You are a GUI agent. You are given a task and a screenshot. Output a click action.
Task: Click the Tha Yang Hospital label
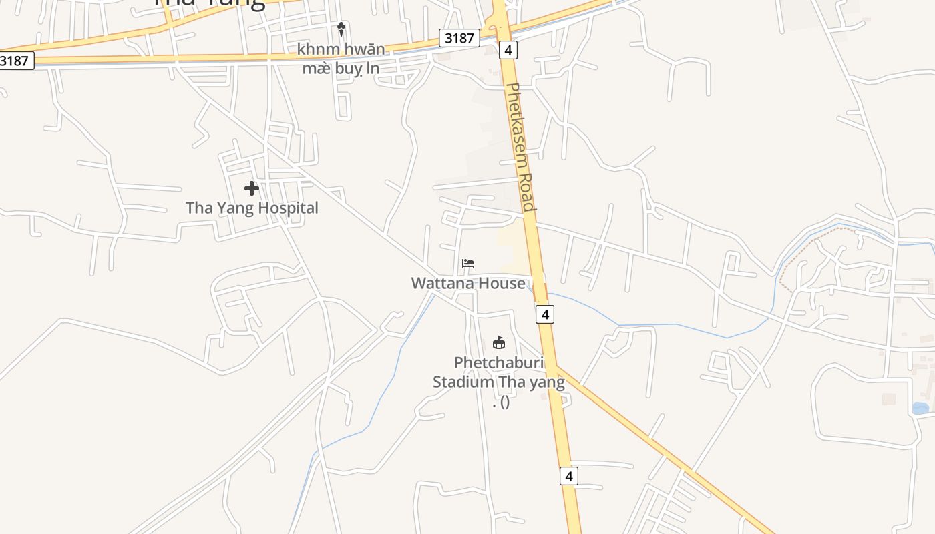click(252, 208)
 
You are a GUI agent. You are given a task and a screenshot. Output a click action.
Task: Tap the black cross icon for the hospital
click(251, 188)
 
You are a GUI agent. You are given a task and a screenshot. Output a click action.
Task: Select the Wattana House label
click(467, 283)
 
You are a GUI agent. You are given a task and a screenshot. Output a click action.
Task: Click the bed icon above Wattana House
click(468, 264)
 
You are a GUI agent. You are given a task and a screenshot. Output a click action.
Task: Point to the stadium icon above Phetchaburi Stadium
click(498, 343)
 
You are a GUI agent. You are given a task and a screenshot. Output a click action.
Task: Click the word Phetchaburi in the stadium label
click(499, 363)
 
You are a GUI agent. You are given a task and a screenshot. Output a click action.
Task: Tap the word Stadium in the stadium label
click(465, 382)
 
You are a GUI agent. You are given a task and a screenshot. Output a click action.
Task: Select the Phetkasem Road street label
click(521, 147)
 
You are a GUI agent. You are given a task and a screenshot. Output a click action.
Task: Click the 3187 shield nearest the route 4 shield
click(459, 38)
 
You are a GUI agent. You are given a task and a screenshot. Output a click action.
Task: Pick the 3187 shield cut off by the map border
click(15, 61)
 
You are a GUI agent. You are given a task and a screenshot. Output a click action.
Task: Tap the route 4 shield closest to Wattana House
click(545, 314)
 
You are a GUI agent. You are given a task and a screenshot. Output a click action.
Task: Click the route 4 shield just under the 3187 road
click(508, 50)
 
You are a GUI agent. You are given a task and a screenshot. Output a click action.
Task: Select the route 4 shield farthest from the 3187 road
click(568, 476)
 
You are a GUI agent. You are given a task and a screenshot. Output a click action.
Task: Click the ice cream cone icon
click(341, 29)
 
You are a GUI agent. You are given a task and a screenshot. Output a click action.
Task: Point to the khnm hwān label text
click(341, 49)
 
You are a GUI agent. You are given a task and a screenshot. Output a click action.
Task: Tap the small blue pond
click(920, 408)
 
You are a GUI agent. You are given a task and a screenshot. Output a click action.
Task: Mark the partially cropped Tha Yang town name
click(210, 3)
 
